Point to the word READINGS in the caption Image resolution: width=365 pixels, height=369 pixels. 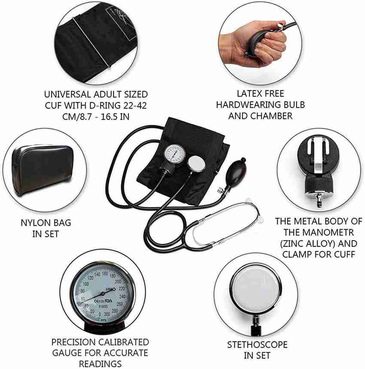pos(100,364)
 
